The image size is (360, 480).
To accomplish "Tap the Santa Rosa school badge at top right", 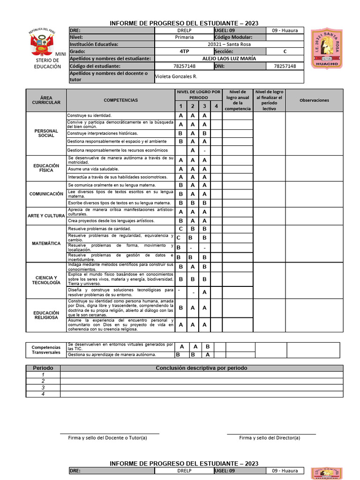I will [x=326, y=48].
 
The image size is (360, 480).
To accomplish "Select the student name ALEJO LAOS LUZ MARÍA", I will [x=229, y=59].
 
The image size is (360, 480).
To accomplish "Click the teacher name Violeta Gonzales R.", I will [x=176, y=76].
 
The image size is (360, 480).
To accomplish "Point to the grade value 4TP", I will [x=184, y=51].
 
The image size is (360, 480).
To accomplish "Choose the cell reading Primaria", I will [x=184, y=37].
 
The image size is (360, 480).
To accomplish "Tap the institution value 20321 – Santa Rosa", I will [x=229, y=44].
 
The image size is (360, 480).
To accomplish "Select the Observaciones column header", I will [x=314, y=100].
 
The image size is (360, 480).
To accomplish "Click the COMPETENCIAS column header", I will [x=120, y=100].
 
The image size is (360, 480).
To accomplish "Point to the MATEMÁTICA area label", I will [x=46, y=244].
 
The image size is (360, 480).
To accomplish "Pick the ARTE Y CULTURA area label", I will [x=46, y=216].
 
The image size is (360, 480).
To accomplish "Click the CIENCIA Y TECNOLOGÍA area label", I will [x=46, y=280].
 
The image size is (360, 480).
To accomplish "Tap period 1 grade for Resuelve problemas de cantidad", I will [x=180, y=229].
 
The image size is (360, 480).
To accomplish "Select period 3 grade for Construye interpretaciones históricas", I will [x=204, y=133].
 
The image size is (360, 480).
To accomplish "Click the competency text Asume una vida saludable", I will [x=93, y=169].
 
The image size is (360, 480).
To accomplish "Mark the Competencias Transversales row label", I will [x=46, y=350].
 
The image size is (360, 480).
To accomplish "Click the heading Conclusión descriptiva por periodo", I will [x=201, y=368].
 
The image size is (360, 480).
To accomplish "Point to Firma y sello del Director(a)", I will [x=270, y=438].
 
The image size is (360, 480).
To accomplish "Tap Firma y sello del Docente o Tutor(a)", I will [x=107, y=438].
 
